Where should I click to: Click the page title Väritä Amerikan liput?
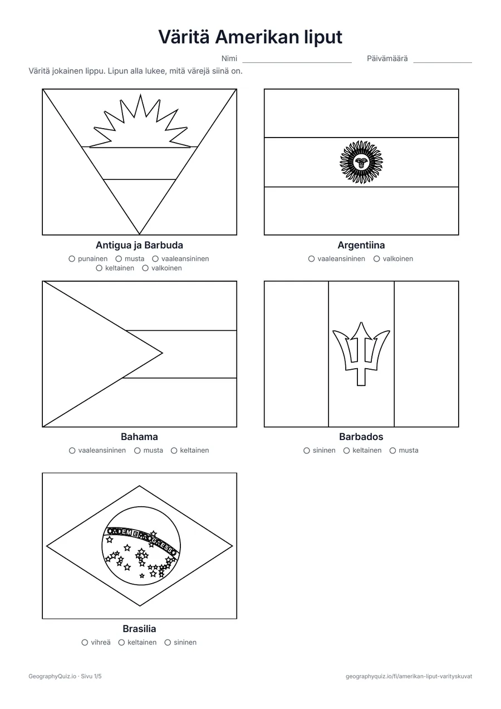point(250,37)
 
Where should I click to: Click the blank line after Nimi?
point(297,62)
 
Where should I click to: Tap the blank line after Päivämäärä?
point(443,62)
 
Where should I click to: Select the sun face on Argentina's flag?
point(361,162)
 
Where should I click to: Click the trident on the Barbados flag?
point(361,354)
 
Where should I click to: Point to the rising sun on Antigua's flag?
point(140,121)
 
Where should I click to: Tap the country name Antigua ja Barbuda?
point(140,245)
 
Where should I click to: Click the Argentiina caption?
point(361,245)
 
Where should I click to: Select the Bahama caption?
point(140,437)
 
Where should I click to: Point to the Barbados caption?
point(361,437)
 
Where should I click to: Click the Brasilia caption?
point(140,628)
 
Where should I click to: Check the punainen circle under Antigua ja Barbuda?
point(72,259)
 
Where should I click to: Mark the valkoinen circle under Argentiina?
point(377,259)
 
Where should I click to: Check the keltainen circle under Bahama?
point(174,451)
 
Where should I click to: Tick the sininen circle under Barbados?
point(307,451)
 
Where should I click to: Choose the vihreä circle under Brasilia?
point(85,642)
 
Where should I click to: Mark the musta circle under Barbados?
point(392,451)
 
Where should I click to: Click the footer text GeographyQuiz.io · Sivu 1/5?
point(65,676)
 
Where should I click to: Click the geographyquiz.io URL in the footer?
point(409,676)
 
